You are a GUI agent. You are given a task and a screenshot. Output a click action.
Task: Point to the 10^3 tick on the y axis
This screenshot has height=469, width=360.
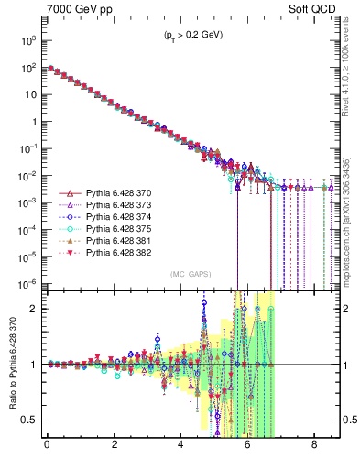pyautogui.click(x=29, y=41)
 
